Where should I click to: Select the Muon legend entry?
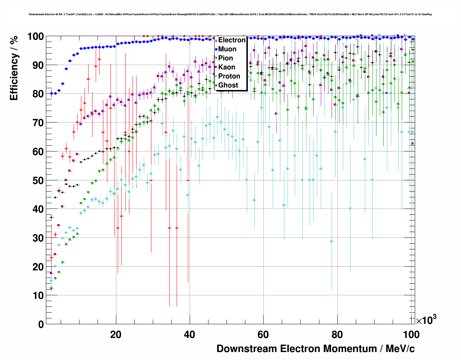tap(227, 49)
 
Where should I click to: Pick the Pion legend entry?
tap(225, 58)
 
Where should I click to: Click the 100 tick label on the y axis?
tap(36, 37)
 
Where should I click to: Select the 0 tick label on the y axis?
tap(41, 324)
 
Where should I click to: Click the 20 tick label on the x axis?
tap(116, 335)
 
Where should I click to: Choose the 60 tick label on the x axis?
tap(263, 335)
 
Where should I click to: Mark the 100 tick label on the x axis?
tap(411, 335)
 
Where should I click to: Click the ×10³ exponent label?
tap(426, 320)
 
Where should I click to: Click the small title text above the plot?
tap(230, 14)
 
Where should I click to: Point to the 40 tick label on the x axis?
tap(190, 335)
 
